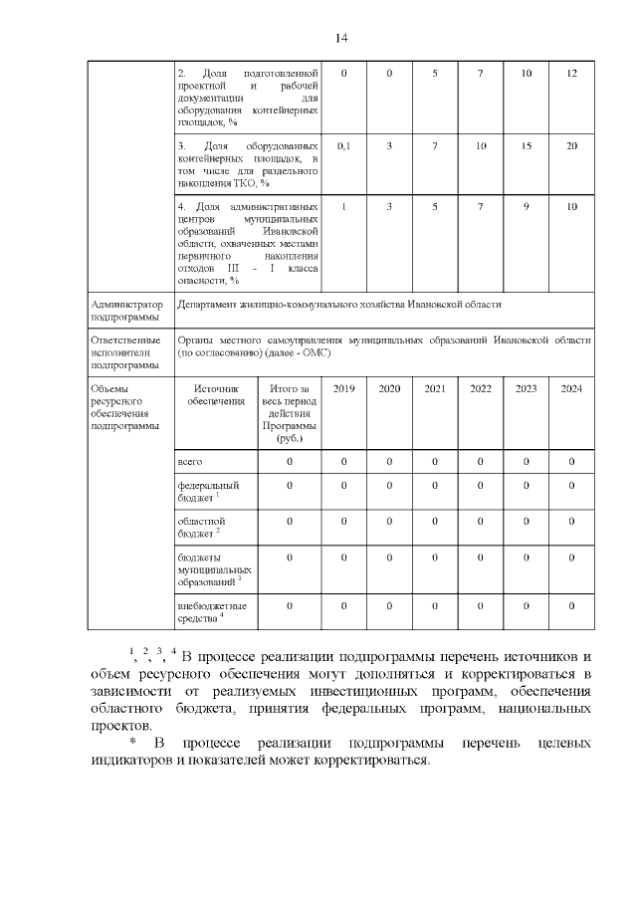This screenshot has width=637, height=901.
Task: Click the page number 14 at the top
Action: [x=341, y=38]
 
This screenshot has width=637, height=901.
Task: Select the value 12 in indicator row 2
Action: [x=571, y=75]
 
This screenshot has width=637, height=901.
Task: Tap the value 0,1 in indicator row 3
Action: [x=343, y=146]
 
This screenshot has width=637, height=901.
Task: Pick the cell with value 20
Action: [x=571, y=146]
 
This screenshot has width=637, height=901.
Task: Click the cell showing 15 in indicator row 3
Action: [x=526, y=146]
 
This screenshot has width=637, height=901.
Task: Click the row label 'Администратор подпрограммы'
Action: [x=124, y=311]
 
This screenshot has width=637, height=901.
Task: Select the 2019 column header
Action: [x=343, y=388]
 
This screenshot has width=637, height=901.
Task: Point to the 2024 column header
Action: [x=571, y=388]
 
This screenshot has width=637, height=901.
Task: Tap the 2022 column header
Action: [x=480, y=388]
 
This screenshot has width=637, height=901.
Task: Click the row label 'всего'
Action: [x=190, y=462]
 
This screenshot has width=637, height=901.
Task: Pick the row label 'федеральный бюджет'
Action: [x=200, y=491]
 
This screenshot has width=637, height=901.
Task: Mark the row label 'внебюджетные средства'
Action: [x=210, y=611]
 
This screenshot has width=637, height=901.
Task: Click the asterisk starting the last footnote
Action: [x=131, y=744]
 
